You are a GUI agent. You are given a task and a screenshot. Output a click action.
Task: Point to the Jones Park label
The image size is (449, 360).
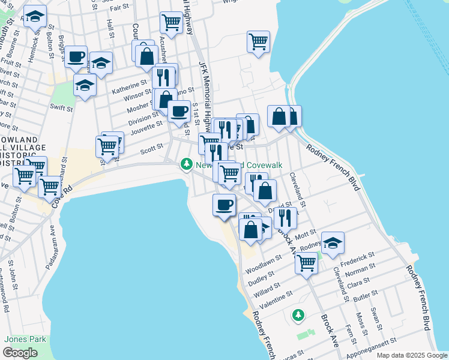click(x=25, y=339)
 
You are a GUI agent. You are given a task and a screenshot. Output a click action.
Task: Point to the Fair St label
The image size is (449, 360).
click(x=120, y=7)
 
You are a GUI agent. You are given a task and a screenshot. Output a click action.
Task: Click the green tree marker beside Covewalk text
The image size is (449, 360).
click(x=187, y=164)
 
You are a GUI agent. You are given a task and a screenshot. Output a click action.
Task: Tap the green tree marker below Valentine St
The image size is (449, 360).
click(x=298, y=314)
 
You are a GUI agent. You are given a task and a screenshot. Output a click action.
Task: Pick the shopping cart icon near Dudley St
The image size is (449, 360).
click(x=306, y=262)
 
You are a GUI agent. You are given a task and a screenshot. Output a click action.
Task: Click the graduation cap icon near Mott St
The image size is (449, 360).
click(x=333, y=242)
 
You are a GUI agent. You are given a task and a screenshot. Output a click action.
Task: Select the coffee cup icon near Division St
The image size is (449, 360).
click(x=178, y=111)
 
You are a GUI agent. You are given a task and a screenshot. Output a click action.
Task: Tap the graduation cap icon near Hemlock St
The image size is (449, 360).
click(x=35, y=18)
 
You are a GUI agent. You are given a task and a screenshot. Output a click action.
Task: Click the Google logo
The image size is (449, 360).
click(x=20, y=353)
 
